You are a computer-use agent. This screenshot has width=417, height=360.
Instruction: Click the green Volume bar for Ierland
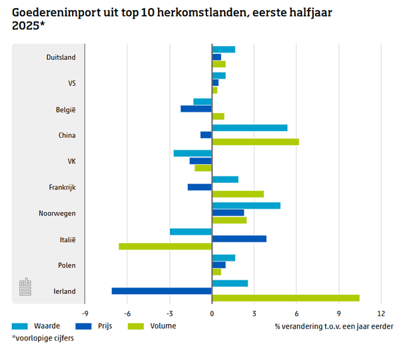point(285,298)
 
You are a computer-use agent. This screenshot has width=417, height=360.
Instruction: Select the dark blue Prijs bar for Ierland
point(162,291)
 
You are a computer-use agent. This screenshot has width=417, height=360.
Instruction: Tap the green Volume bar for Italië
point(165,246)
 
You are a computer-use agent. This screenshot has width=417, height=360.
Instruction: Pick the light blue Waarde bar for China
point(250,128)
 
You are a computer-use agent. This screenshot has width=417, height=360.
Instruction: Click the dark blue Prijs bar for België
point(196,108)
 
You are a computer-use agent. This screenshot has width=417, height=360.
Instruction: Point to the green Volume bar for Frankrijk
point(238,194)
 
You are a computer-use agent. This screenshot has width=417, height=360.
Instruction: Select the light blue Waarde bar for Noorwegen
point(246,206)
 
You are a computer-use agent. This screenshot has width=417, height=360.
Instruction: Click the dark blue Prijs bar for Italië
point(239,239)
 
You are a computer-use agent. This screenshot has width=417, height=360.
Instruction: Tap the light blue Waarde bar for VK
point(193,153)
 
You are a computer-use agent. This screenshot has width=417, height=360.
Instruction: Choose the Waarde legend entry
point(36,326)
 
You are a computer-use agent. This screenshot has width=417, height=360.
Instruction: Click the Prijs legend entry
point(93,326)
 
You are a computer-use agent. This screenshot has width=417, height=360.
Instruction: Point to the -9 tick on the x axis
point(85,313)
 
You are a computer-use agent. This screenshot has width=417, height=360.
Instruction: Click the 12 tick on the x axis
point(381,313)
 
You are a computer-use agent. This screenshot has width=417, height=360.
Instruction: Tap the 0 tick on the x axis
point(212,313)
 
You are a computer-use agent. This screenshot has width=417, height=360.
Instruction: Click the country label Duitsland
point(61,57)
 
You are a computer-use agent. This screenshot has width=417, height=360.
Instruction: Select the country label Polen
point(66,266)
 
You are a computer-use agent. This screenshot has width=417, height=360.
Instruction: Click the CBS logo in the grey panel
point(25,287)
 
